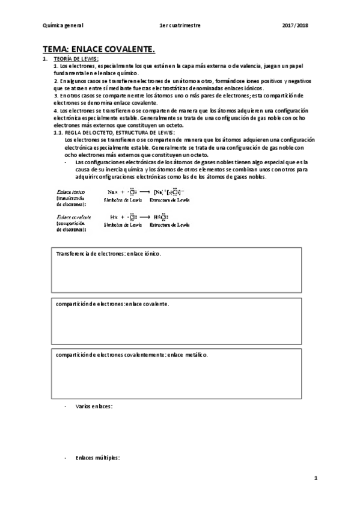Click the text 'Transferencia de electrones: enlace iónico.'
click(x=109, y=254)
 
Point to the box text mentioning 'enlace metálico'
click(x=132, y=355)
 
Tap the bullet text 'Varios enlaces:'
click(x=95, y=407)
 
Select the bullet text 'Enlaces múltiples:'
click(x=98, y=458)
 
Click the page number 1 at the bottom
click(x=315, y=478)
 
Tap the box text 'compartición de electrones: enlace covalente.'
click(x=113, y=304)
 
